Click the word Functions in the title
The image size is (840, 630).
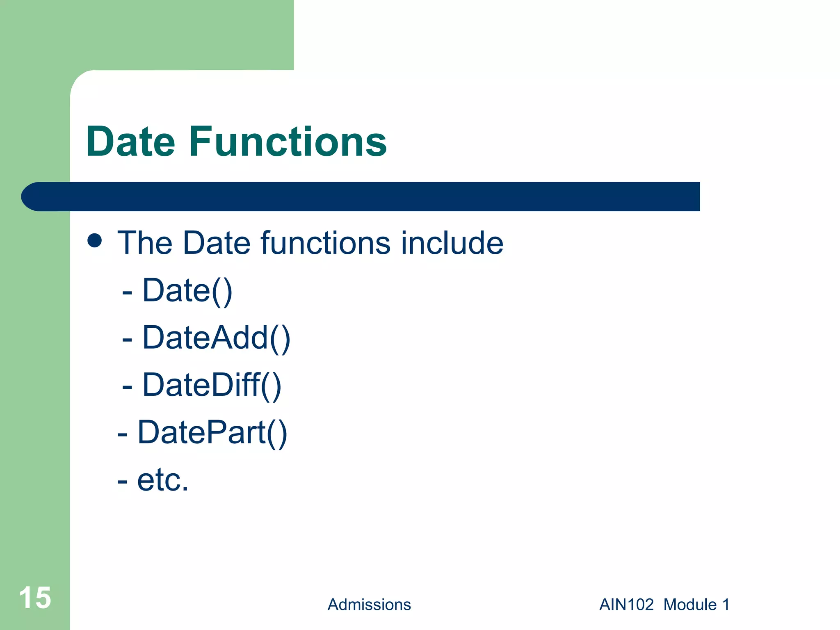[x=288, y=142]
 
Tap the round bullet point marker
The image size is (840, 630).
[x=95, y=240]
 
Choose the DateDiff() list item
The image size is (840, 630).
[x=212, y=386]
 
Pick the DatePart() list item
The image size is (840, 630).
[x=212, y=433]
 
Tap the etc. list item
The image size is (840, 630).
[x=162, y=480]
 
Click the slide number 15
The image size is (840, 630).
[x=35, y=598]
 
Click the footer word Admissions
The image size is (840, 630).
[x=369, y=605]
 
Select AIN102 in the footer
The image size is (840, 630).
[x=626, y=605]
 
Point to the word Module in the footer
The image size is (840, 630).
[x=690, y=605]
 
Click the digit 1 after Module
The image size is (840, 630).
[x=726, y=605]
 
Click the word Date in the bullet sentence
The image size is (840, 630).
[x=217, y=243]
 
